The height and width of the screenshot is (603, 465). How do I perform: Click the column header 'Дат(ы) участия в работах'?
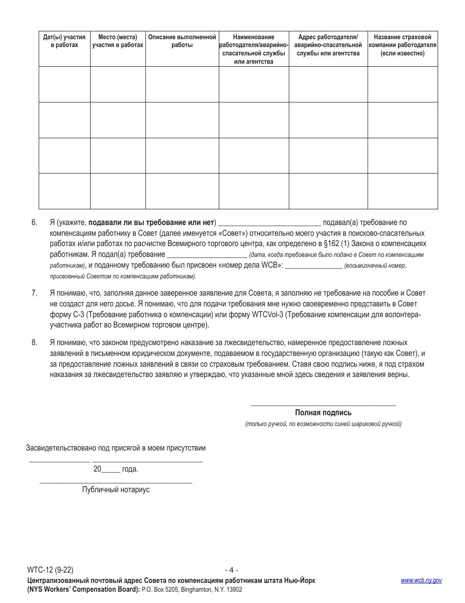click(64, 41)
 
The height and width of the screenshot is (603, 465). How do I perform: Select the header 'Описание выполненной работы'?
click(182, 41)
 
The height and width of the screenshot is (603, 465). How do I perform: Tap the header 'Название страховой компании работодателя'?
click(402, 45)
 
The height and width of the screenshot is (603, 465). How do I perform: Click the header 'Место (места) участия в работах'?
click(117, 41)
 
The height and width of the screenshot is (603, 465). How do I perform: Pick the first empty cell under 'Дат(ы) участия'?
click(64, 84)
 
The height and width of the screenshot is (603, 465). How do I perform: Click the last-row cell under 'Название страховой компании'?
click(402, 191)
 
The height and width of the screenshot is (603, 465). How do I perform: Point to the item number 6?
click(34, 223)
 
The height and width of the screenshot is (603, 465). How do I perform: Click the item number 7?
click(34, 293)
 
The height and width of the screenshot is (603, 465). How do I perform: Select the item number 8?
click(34, 343)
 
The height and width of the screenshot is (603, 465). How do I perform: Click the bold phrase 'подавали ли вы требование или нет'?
click(152, 223)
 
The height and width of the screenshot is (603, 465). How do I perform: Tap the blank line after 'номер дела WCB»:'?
click(313, 266)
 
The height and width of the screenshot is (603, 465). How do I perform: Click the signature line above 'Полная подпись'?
click(323, 404)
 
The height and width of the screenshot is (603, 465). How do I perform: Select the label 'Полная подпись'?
click(323, 413)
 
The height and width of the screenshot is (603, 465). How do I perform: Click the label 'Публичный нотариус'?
click(116, 490)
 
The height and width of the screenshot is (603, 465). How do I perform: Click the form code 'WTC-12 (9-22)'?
click(50, 570)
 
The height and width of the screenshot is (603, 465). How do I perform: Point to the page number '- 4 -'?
click(232, 570)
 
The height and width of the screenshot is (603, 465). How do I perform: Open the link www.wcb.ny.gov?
click(421, 580)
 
